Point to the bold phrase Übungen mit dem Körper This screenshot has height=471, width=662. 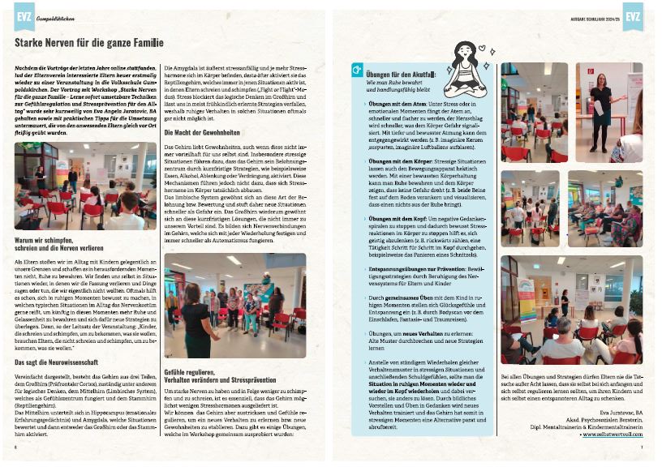(x=400, y=161)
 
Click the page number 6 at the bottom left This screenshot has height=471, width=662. (x=17, y=447)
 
